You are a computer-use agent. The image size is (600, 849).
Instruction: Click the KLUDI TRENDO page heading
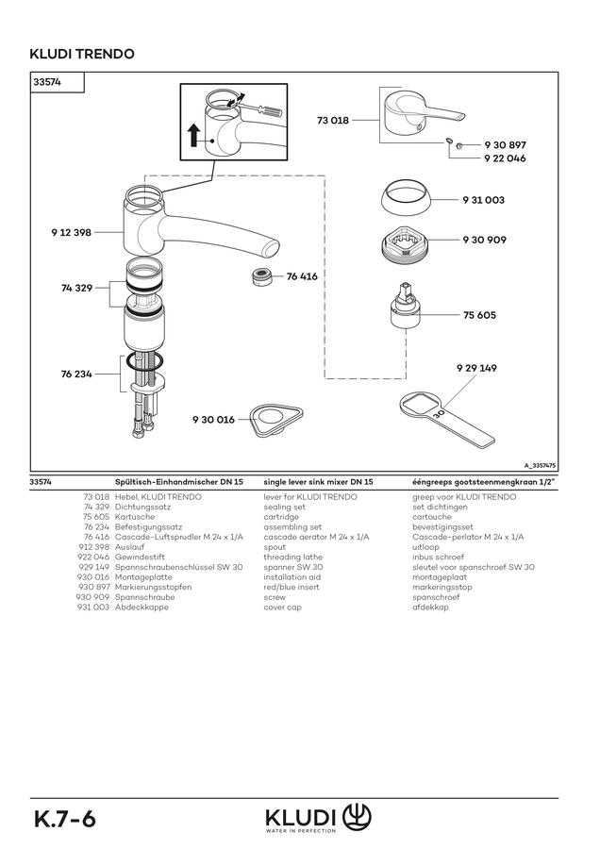tap(82, 54)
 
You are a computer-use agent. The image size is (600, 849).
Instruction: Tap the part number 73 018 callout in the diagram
tap(332, 120)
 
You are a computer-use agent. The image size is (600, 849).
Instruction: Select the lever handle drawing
tap(423, 112)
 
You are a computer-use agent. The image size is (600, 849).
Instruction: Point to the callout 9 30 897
tap(505, 145)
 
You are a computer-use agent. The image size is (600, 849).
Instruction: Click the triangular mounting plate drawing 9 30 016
tap(276, 419)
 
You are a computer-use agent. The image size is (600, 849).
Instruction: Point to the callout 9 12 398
tap(72, 232)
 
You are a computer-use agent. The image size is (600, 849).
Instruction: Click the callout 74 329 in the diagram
tap(76, 288)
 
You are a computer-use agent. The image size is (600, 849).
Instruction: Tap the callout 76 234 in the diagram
tap(76, 375)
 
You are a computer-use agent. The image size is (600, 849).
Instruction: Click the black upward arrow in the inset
tap(193, 134)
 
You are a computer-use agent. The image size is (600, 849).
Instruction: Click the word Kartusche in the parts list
tap(135, 517)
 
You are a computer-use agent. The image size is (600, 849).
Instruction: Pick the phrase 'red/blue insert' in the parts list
tap(292, 587)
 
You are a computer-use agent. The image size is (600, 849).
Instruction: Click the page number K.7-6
tap(65, 819)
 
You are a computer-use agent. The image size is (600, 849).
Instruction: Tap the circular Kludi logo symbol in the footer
tap(357, 815)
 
